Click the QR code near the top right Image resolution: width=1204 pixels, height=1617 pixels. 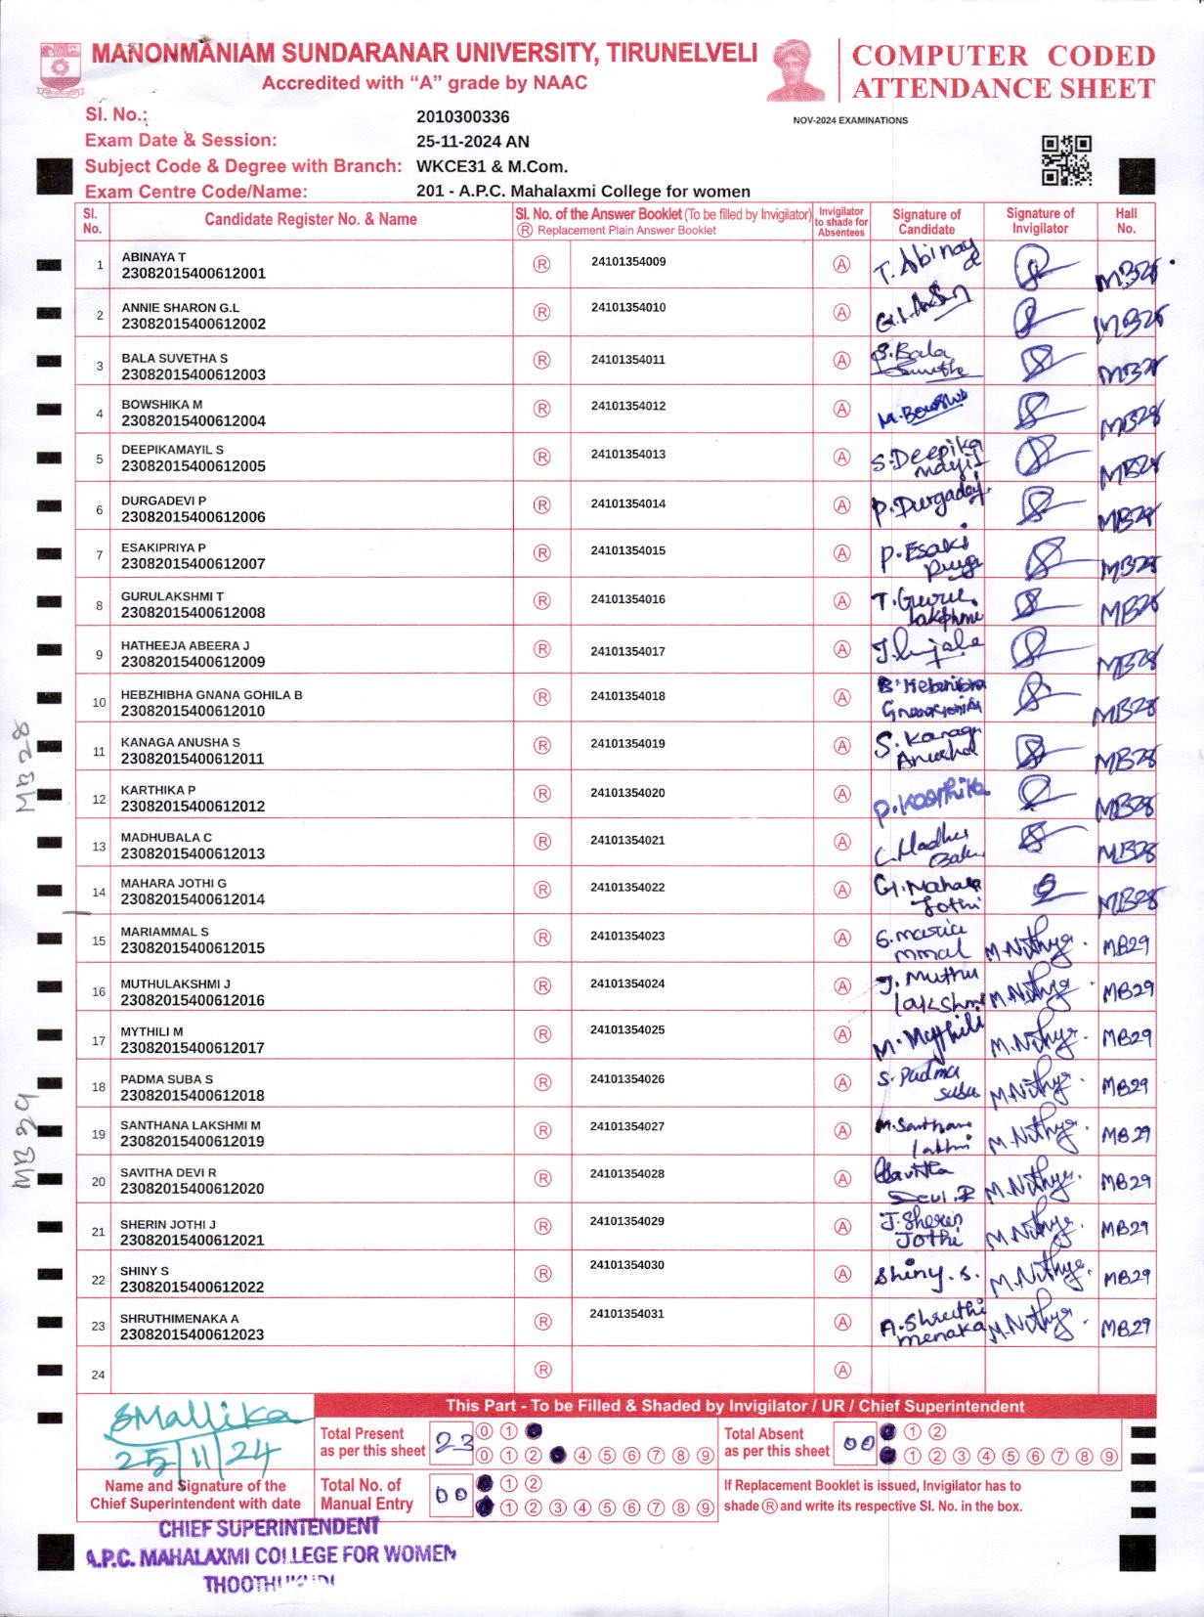[1065, 160]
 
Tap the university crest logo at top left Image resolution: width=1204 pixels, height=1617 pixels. [61, 68]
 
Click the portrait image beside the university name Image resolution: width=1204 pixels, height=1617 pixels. [795, 70]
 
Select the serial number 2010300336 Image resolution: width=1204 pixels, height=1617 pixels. [462, 117]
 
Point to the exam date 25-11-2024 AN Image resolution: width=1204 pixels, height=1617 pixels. [472, 141]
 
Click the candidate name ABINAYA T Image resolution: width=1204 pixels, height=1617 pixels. [153, 257]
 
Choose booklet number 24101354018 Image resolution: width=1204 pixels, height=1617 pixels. [627, 696]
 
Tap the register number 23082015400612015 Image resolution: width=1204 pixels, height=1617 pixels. [193, 948]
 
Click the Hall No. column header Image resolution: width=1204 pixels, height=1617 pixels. [1126, 220]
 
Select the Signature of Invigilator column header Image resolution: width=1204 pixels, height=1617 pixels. [1040, 220]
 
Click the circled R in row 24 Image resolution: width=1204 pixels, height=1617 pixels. [542, 1370]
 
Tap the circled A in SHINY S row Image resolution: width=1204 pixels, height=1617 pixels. [841, 1274]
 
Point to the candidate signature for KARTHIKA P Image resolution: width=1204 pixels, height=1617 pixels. [928, 797]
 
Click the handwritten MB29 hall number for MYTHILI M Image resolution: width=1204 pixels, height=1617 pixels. [1126, 1038]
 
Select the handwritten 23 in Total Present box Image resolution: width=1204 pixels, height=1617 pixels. [453, 1443]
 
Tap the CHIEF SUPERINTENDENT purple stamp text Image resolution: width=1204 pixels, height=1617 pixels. [269, 1527]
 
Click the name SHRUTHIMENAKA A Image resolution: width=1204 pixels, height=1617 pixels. [179, 1319]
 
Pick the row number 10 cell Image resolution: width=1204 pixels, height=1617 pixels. [99, 703]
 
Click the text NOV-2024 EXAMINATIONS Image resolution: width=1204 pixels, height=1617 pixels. [849, 120]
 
